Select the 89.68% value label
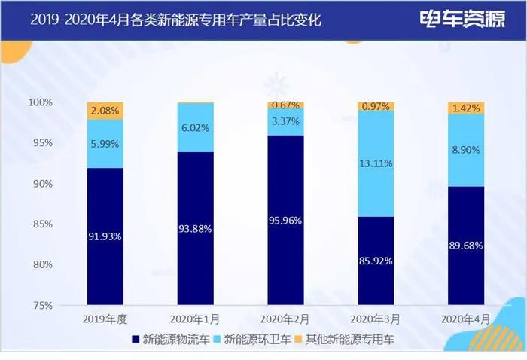pyautogui.click(x=466, y=245)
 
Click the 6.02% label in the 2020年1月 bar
pyautogui.click(x=196, y=128)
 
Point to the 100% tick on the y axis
pyautogui.click(x=62, y=102)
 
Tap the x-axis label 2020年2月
pyautogui.click(x=286, y=319)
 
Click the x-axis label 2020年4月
pyautogui.click(x=466, y=319)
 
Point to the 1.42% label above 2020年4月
pyautogui.click(x=466, y=108)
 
